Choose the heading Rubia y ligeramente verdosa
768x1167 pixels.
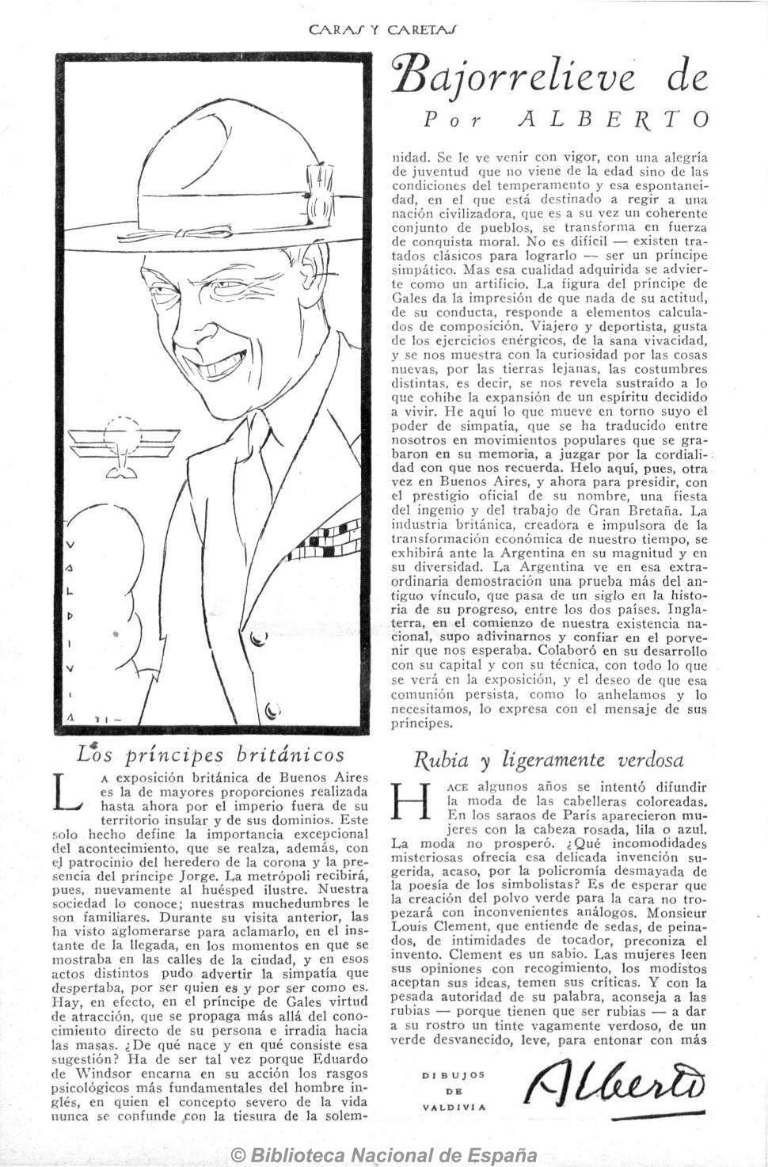(549, 760)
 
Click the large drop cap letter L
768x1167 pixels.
(70, 793)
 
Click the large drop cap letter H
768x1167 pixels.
(411, 800)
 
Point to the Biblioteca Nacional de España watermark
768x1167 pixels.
(384, 1155)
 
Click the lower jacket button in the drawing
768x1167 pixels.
(271, 709)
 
